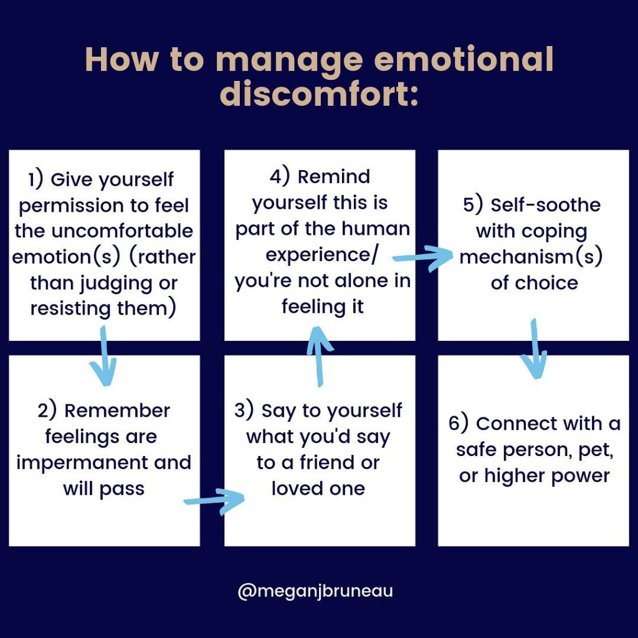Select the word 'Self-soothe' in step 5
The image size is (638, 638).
545,205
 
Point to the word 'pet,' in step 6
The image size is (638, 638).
596,449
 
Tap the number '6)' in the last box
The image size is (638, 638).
459,423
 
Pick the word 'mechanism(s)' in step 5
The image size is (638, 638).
531,257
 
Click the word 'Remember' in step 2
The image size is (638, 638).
117,411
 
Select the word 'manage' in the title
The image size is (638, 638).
290,60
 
